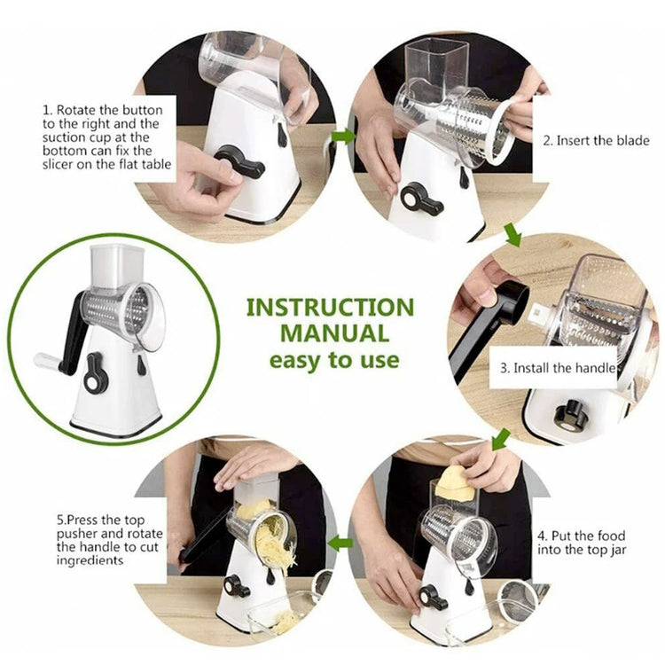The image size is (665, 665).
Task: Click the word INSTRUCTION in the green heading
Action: [x=330, y=308]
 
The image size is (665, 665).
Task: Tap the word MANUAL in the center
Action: [x=334, y=334]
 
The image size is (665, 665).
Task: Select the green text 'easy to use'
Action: [x=333, y=361]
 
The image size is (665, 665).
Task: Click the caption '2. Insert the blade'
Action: [x=596, y=140]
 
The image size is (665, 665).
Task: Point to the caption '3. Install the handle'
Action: [x=564, y=367]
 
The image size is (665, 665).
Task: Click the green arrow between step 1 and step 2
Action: [x=343, y=136]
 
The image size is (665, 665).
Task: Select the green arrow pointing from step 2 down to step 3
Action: [x=512, y=235]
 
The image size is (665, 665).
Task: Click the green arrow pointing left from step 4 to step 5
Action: [x=340, y=542]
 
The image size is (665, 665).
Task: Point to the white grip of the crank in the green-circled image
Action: [x=46, y=361]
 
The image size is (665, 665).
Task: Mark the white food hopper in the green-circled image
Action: [x=117, y=267]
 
